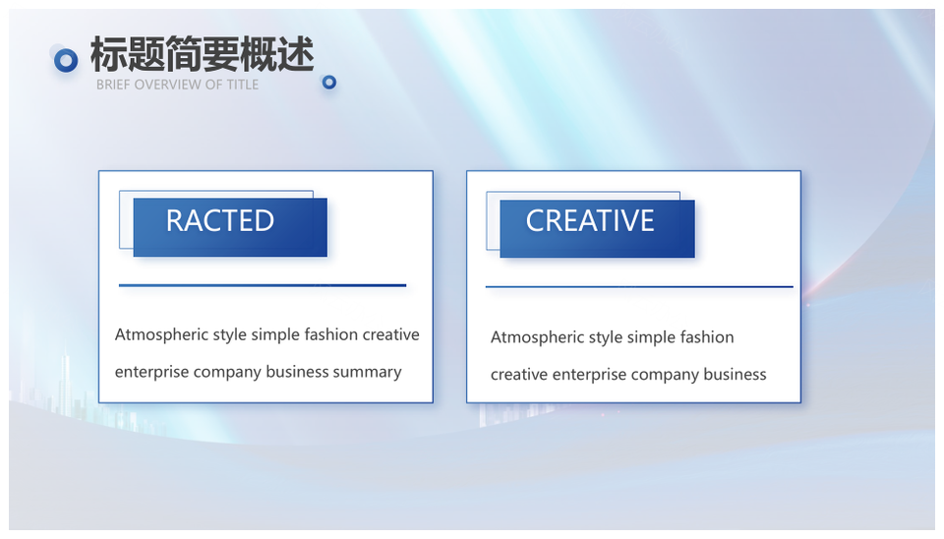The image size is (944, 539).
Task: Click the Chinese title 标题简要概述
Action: click(x=203, y=54)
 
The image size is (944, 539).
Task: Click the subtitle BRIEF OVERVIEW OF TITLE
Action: click(x=178, y=85)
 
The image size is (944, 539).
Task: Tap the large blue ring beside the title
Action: click(x=66, y=60)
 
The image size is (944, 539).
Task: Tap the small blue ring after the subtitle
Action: click(x=328, y=82)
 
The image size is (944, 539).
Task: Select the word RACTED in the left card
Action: click(x=220, y=220)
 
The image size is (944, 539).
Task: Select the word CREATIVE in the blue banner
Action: click(x=590, y=220)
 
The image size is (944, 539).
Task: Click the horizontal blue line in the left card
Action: click(x=263, y=285)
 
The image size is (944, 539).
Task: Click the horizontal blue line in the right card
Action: click(x=639, y=287)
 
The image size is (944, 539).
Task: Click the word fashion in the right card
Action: click(x=707, y=337)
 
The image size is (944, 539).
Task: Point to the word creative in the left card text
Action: click(x=390, y=334)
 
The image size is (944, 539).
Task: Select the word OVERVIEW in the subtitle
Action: click(x=167, y=85)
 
